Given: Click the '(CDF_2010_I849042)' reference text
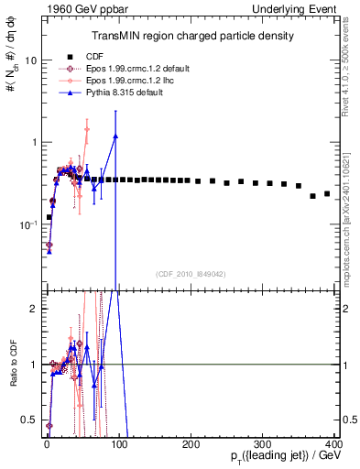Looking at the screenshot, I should pyautogui.click(x=191, y=274).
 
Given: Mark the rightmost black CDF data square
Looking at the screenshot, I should pyautogui.click(x=327, y=194).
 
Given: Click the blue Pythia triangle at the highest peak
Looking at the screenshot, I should pyautogui.click(x=115, y=136).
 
